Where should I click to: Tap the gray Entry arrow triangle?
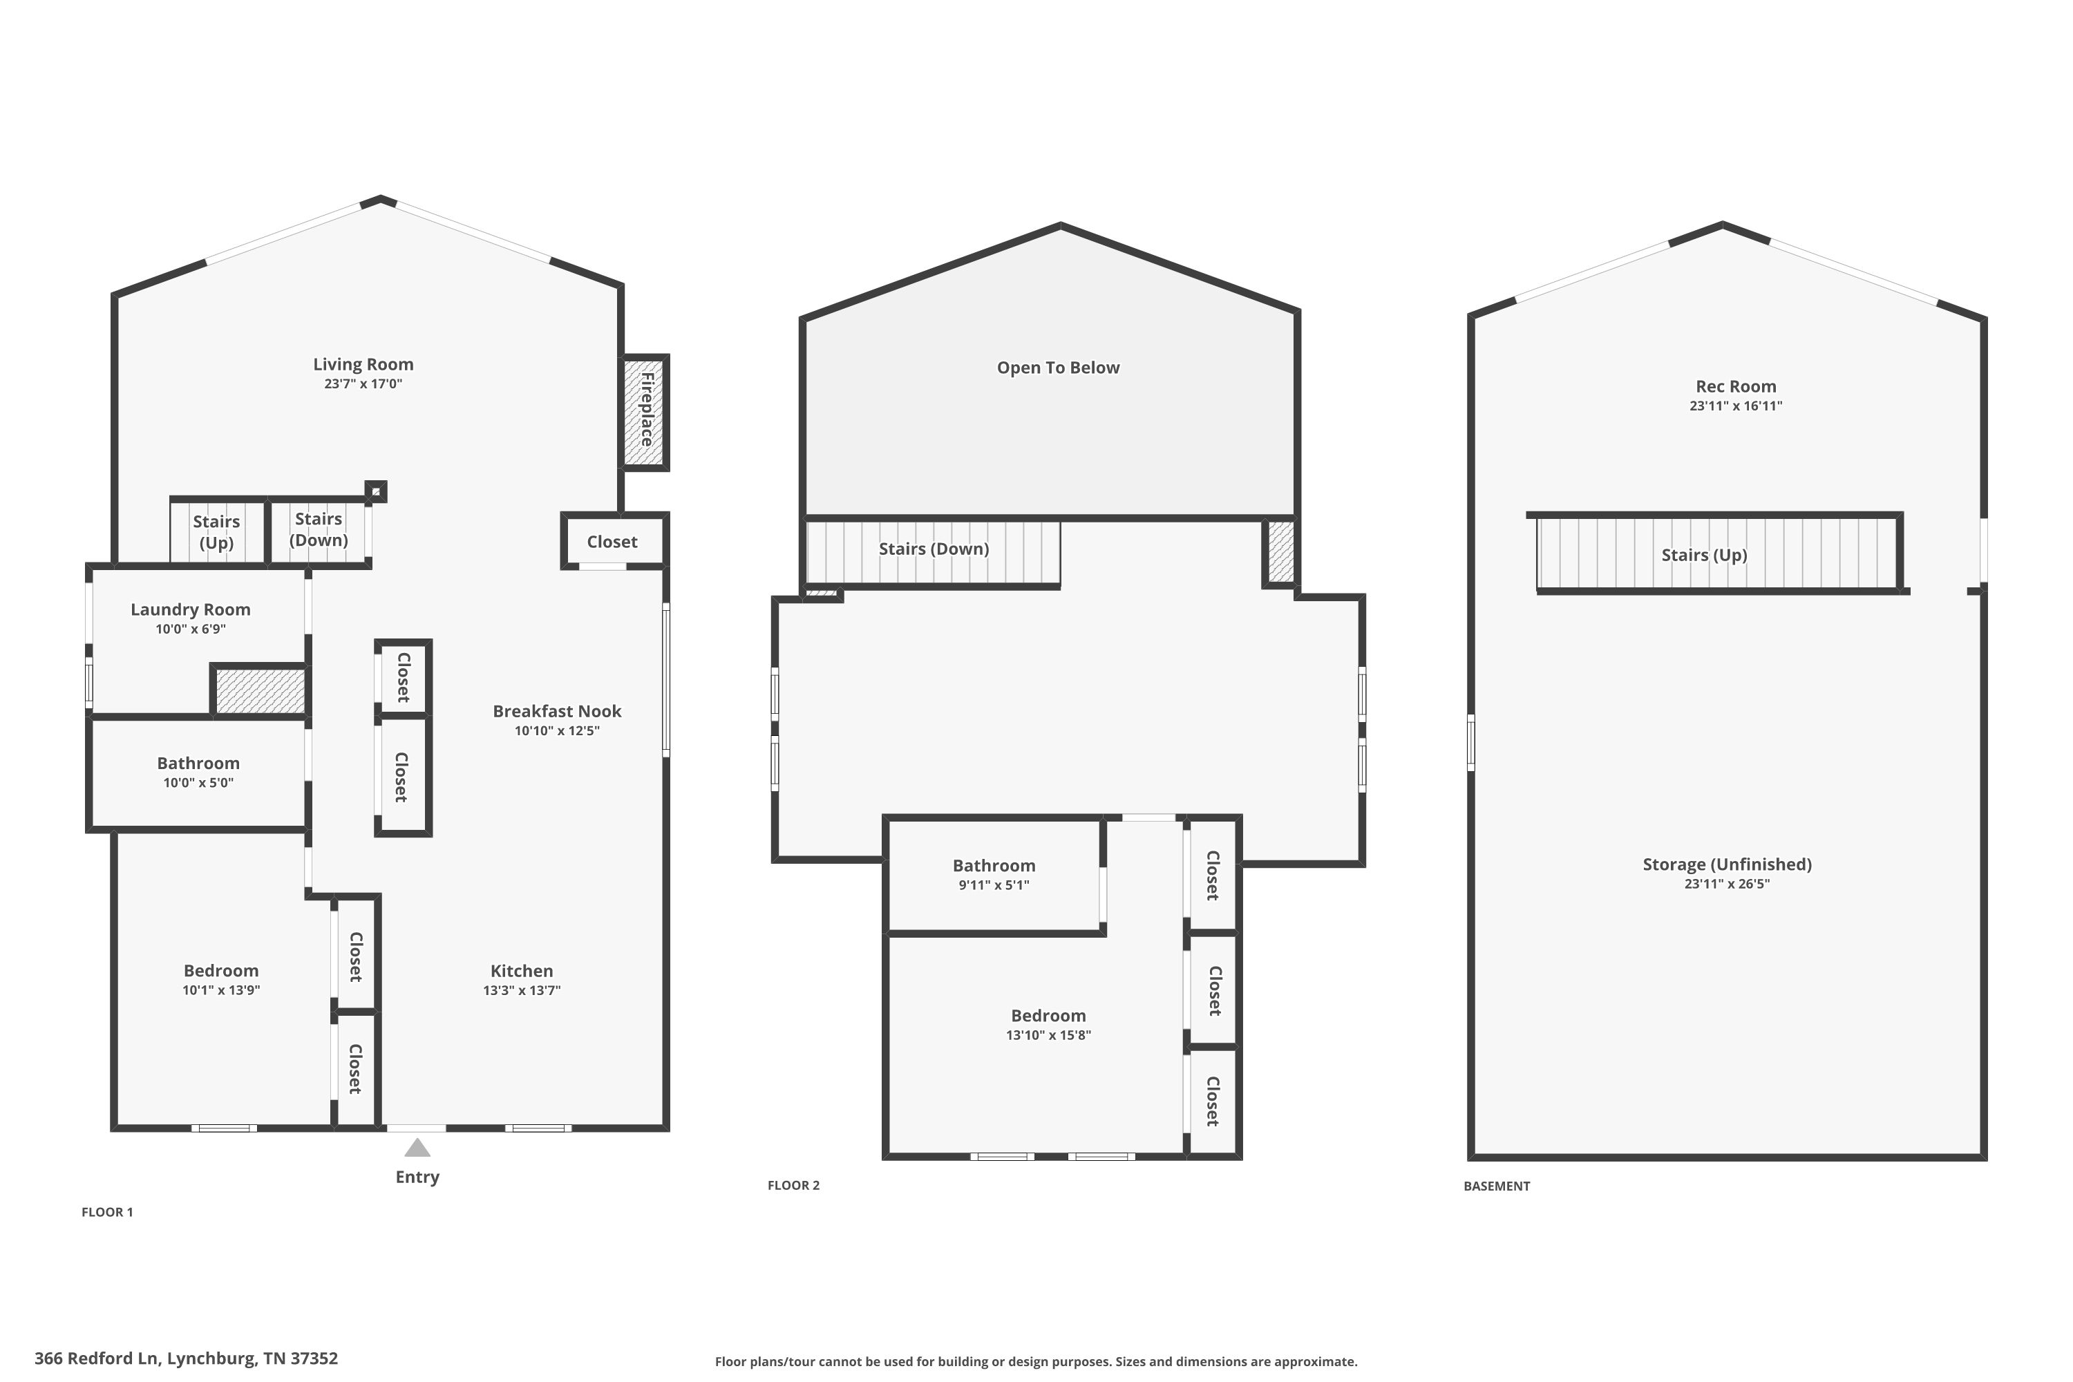coord(417,1148)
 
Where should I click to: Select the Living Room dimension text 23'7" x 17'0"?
coord(363,384)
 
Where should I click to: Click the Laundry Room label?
coord(191,609)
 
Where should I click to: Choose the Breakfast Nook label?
coord(557,711)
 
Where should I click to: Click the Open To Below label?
coord(1059,368)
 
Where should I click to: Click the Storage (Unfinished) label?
coord(1727,864)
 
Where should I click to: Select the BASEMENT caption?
coord(1497,1186)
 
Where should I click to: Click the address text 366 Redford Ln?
coord(97,1359)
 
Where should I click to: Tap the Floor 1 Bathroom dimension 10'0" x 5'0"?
coord(198,783)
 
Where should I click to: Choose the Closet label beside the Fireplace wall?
coord(612,542)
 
